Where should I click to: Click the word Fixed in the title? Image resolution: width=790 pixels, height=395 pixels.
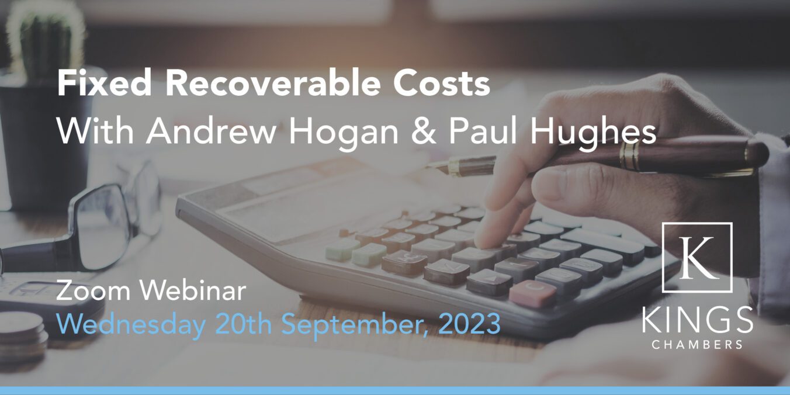coord(105,84)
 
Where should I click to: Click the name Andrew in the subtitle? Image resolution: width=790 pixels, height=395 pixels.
coord(211,131)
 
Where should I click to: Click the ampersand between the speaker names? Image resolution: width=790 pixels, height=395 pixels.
coord(423,132)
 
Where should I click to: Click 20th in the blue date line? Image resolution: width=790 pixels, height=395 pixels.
coord(243,324)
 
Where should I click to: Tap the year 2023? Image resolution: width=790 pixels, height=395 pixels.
coord(469,324)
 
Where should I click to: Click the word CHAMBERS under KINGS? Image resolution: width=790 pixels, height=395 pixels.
coord(697,345)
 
